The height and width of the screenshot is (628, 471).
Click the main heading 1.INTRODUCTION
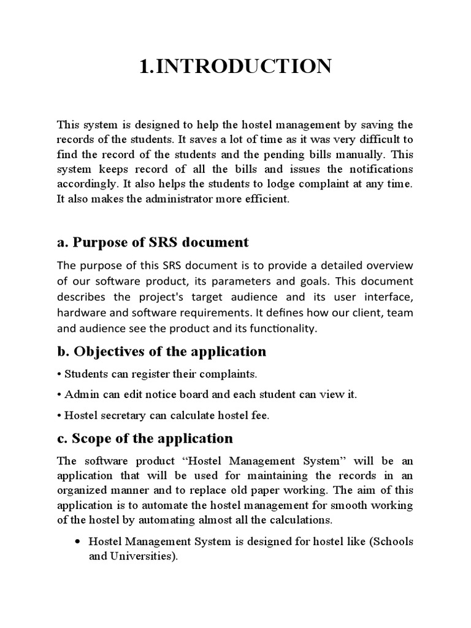(x=235, y=66)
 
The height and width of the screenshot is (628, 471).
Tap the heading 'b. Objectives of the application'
(x=161, y=351)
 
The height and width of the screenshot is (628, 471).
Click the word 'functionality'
(x=281, y=329)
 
